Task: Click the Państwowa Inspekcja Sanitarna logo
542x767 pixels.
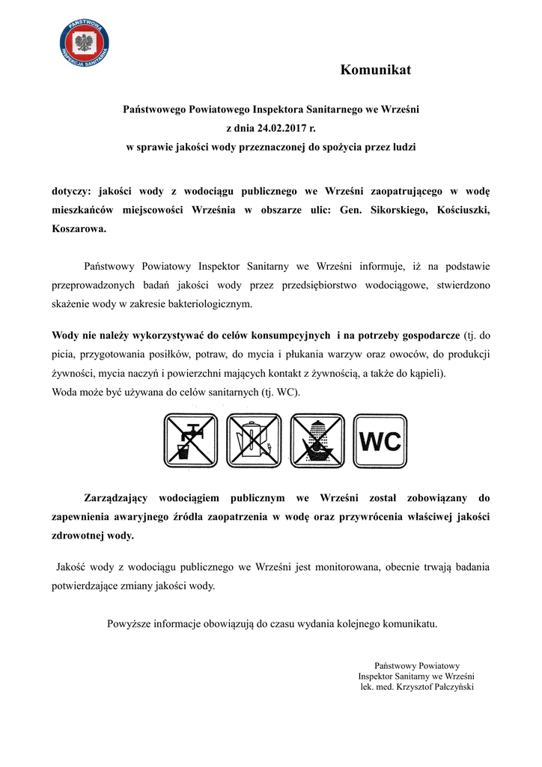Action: [85, 43]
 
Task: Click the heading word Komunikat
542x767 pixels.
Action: [375, 70]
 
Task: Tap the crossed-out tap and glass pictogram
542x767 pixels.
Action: [191, 441]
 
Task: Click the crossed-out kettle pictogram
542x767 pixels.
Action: [253, 441]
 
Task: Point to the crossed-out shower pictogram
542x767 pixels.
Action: [317, 441]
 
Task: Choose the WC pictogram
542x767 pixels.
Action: [380, 441]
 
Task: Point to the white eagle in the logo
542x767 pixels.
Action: [85, 41]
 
